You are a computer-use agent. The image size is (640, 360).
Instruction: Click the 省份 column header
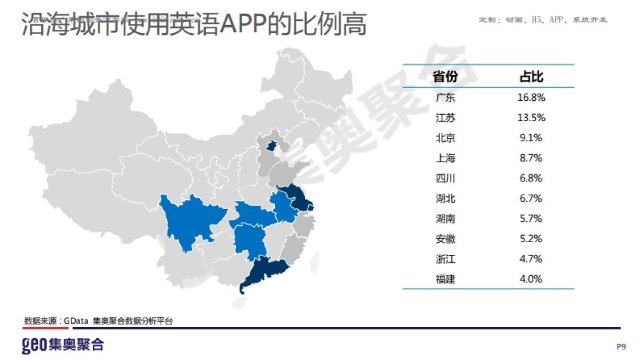(x=445, y=77)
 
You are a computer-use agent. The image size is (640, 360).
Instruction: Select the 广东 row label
(x=445, y=98)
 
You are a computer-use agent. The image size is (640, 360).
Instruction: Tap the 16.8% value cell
(x=532, y=98)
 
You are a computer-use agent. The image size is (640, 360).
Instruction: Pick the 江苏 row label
(x=445, y=118)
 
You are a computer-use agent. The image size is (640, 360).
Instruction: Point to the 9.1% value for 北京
(x=531, y=138)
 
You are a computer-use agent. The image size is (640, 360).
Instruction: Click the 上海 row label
(x=445, y=158)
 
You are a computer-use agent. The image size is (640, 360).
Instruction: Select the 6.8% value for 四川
(x=531, y=178)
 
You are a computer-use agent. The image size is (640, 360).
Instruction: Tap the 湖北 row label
(x=445, y=198)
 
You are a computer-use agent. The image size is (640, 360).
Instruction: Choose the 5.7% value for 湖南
(x=531, y=219)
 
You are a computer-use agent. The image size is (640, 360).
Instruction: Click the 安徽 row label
(x=445, y=239)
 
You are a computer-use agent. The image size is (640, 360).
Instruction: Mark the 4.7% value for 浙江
(x=531, y=259)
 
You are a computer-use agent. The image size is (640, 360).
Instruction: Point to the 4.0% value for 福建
(x=531, y=279)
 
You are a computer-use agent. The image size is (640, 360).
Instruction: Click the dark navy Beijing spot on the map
(x=271, y=145)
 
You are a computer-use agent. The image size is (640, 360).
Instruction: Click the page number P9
(x=621, y=347)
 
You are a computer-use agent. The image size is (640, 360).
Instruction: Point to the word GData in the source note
(x=76, y=321)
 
